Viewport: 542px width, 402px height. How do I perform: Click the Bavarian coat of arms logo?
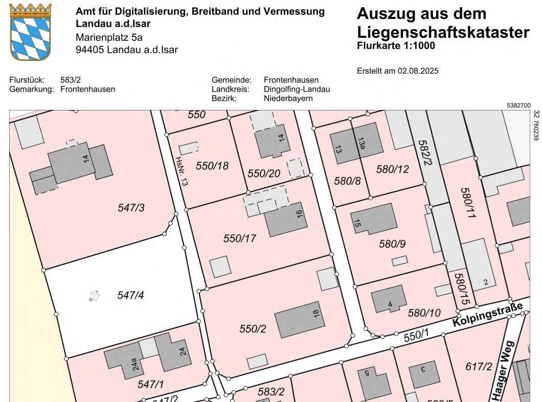[x=31, y=32]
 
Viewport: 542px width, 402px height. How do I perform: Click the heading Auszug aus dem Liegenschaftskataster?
[x=443, y=23]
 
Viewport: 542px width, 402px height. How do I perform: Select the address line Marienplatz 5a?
[x=109, y=37]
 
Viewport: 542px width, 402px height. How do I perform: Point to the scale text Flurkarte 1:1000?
[x=396, y=46]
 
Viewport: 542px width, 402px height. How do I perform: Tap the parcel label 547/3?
[x=131, y=207]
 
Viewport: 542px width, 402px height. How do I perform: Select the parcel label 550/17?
[x=239, y=238]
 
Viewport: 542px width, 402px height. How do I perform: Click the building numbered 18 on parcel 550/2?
[x=300, y=319]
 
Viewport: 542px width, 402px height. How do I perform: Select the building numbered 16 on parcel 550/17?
[x=286, y=219]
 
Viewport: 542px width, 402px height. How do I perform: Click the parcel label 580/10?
[x=424, y=312]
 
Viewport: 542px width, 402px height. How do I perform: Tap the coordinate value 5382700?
[x=518, y=105]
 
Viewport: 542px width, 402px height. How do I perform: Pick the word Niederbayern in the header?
[x=288, y=98]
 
